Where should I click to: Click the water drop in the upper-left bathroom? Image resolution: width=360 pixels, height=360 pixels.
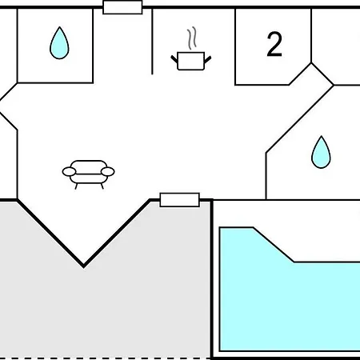(x=59, y=44)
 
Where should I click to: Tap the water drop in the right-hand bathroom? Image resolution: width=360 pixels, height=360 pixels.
(x=321, y=154)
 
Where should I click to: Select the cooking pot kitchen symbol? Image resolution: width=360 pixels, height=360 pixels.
(x=191, y=61)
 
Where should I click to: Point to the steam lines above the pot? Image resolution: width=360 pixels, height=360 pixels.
(x=192, y=38)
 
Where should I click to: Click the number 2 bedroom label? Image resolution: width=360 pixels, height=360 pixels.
(x=274, y=44)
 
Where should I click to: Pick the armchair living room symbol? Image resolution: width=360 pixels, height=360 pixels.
(x=89, y=174)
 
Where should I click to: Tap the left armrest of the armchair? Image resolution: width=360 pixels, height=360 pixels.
(x=69, y=172)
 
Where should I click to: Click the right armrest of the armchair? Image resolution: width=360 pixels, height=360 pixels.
(x=108, y=172)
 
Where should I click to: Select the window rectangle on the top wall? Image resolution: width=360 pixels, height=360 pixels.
(x=122, y=7)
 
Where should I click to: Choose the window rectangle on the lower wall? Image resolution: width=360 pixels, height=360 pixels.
(x=180, y=200)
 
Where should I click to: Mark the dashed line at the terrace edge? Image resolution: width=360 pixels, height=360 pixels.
(x=105, y=358)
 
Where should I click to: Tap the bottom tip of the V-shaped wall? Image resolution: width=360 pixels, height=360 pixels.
(x=83, y=266)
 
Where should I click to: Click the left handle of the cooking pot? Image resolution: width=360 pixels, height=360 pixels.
(x=174, y=59)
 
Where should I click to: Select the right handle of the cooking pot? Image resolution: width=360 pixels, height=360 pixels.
(x=208, y=59)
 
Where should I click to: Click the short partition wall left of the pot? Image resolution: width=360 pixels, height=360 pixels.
(x=152, y=42)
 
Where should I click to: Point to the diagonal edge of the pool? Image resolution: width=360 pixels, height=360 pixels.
(x=274, y=245)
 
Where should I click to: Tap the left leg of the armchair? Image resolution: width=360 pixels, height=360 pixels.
(x=77, y=186)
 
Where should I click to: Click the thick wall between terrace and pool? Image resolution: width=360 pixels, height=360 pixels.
(x=211, y=279)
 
